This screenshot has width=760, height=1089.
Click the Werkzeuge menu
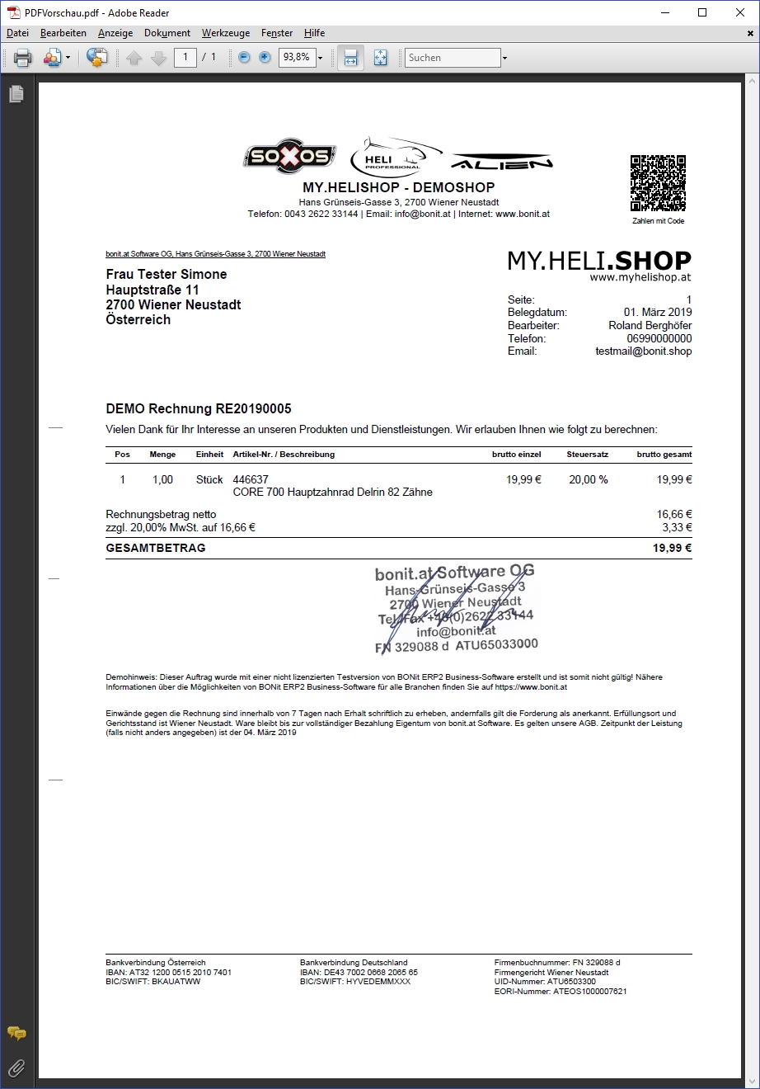click(x=225, y=33)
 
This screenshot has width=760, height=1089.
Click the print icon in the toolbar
click(x=23, y=58)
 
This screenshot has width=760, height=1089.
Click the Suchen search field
click(x=453, y=58)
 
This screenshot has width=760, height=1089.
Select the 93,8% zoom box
click(x=296, y=58)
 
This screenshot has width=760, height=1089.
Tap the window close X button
click(x=739, y=12)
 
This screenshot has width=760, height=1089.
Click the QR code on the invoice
click(x=658, y=182)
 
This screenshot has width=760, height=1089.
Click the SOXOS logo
click(x=289, y=157)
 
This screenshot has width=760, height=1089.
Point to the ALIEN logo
click(x=502, y=161)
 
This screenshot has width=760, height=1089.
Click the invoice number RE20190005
click(x=253, y=408)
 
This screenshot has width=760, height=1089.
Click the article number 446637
click(x=251, y=479)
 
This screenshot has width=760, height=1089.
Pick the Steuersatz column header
click(x=587, y=455)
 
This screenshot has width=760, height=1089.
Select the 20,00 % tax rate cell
click(x=588, y=479)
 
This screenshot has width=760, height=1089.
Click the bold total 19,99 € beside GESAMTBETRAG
click(x=672, y=548)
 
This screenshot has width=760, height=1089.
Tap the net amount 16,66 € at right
click(x=673, y=514)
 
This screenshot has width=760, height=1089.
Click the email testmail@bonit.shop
click(x=643, y=351)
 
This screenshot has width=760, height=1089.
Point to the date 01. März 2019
click(x=658, y=312)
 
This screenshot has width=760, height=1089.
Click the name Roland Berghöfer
click(x=650, y=325)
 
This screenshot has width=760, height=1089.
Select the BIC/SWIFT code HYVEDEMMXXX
click(x=378, y=982)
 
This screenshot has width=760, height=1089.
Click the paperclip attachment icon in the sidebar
click(x=16, y=1068)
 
